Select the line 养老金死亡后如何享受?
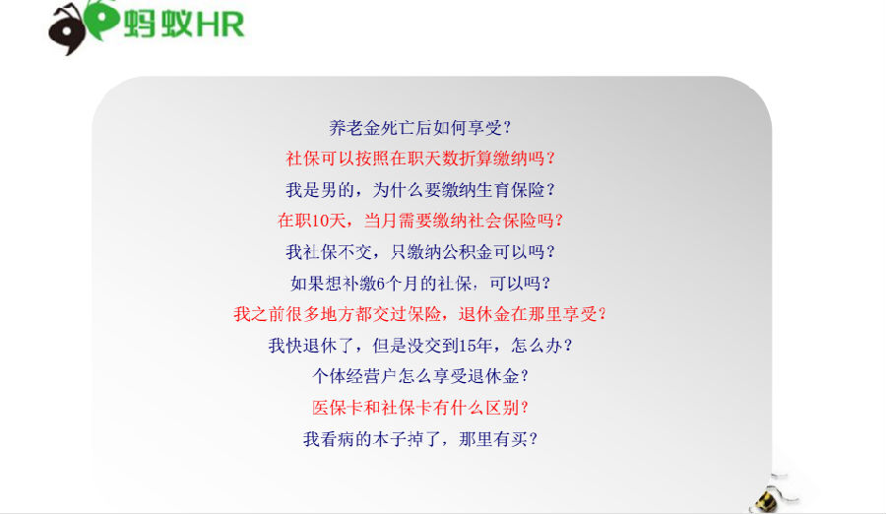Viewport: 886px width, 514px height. [x=419, y=128]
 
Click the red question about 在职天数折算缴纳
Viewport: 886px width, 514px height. [x=419, y=159]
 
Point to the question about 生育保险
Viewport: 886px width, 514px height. [x=419, y=189]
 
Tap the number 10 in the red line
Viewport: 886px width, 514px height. [x=321, y=221]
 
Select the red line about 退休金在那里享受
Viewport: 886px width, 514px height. [x=419, y=314]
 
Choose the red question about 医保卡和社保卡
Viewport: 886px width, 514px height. [x=419, y=408]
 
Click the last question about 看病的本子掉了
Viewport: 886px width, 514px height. [x=419, y=439]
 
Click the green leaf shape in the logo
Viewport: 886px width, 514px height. [x=102, y=20]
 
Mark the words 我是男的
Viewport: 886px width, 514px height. [x=320, y=189]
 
